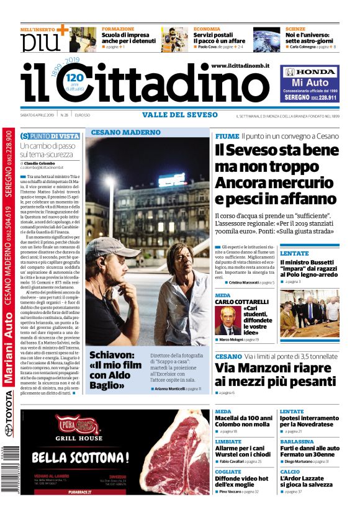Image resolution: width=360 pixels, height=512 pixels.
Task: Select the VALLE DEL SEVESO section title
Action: pos(176,115)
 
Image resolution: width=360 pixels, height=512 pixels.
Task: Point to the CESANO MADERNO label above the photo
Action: pos(125,132)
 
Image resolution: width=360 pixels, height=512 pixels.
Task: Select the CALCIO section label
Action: pos(290,472)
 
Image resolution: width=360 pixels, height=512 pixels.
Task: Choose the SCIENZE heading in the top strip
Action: pos(295,29)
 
